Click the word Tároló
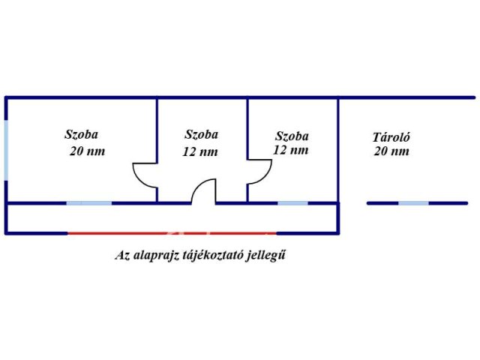tap(391, 136)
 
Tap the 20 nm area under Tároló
tap(391, 151)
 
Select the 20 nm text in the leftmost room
tap(87, 151)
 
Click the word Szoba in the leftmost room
tap(81, 134)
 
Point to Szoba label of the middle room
tap(201, 134)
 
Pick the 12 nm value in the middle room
tap(200, 151)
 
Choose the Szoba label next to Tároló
tap(292, 136)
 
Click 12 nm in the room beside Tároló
tap(290, 150)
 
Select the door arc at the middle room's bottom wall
tap(198, 185)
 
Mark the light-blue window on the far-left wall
tap(6, 150)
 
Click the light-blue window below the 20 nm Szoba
tap(89, 203)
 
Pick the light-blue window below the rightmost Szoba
tap(292, 203)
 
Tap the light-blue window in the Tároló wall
tap(413, 203)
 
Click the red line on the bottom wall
tap(172, 233)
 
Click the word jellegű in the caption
tap(265, 256)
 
